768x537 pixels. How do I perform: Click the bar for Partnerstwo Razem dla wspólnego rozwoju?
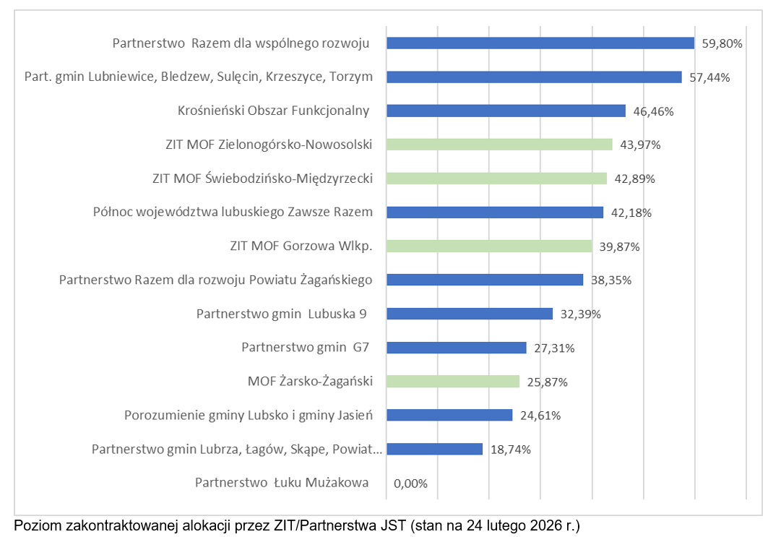(x=540, y=43)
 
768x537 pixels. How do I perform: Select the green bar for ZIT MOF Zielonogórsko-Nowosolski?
(x=499, y=145)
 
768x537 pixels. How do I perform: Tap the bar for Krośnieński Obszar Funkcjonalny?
(x=506, y=111)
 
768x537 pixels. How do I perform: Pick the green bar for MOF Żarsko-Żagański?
(x=453, y=381)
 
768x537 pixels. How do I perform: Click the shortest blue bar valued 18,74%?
(x=434, y=449)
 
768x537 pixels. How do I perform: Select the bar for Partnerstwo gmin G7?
(x=457, y=348)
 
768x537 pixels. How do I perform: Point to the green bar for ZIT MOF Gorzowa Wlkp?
(x=489, y=246)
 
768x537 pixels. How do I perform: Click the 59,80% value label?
(x=722, y=43)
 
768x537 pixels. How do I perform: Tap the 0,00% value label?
(x=410, y=483)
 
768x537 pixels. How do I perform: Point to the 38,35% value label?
(x=611, y=280)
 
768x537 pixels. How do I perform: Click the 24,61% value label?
(x=540, y=415)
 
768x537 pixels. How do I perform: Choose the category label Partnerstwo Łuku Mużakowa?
(x=282, y=483)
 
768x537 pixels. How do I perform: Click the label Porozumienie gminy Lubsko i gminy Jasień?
(x=248, y=415)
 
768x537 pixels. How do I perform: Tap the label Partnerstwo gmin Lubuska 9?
(x=282, y=314)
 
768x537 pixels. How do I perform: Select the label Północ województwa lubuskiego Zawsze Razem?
(x=233, y=212)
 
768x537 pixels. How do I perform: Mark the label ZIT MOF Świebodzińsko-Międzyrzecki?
(x=262, y=179)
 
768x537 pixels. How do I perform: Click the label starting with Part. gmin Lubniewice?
(x=199, y=77)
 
